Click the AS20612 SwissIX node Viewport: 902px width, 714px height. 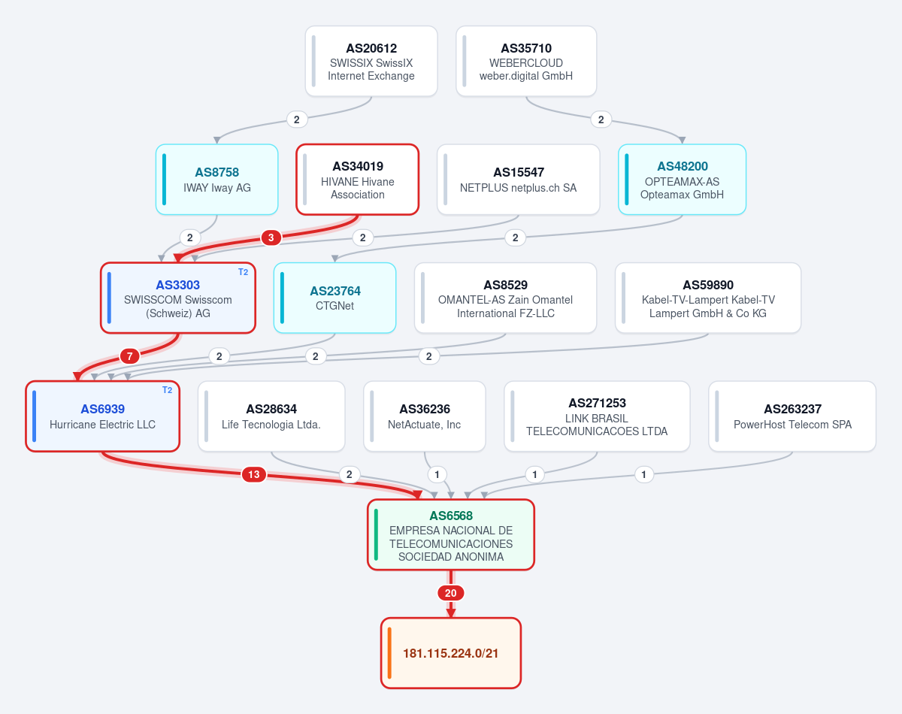(371, 61)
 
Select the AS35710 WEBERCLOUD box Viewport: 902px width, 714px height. (526, 61)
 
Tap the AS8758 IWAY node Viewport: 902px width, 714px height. (216, 180)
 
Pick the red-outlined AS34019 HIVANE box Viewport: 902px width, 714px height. (358, 180)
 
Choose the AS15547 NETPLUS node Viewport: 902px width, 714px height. (519, 180)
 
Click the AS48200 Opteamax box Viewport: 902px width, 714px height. (682, 180)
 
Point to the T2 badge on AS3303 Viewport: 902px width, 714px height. (243, 272)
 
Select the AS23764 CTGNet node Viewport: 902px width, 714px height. (335, 298)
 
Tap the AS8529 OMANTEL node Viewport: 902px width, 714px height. (505, 298)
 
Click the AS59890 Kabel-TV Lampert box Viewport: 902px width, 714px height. (708, 298)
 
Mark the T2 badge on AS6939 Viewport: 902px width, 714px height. (167, 390)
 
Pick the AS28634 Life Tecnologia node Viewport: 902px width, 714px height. (271, 416)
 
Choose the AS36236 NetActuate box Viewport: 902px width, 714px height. (425, 416)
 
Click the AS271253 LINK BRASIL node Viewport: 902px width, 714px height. (597, 416)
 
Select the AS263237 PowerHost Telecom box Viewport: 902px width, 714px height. (792, 416)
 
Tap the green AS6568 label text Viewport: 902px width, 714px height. (451, 516)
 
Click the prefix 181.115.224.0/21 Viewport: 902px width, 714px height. (451, 653)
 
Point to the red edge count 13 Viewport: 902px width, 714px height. (254, 474)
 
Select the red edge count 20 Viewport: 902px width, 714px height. (450, 593)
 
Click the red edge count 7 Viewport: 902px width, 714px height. (130, 356)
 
